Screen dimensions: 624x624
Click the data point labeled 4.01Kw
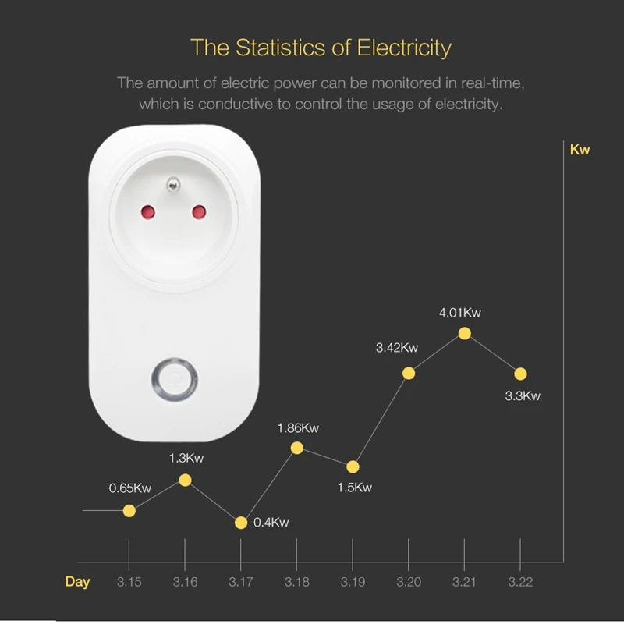click(464, 333)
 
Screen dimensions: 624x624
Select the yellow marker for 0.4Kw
click(241, 523)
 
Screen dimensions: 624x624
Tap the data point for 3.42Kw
click(408, 373)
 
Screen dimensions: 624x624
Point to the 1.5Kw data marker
click(353, 466)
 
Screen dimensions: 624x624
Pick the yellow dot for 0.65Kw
click(129, 510)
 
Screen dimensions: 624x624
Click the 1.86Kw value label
click(298, 427)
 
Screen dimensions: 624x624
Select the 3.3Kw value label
click(523, 395)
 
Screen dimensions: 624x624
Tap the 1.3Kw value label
click(186, 458)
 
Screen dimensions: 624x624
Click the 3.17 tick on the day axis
click(240, 582)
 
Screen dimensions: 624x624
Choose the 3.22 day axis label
click(520, 582)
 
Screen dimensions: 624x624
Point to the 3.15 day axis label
click(129, 582)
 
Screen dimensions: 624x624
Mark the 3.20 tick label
click(409, 582)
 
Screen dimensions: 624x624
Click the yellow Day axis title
click(77, 582)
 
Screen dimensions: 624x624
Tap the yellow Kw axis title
click(580, 150)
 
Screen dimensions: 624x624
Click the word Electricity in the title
click(404, 48)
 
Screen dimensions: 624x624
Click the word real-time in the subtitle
click(497, 83)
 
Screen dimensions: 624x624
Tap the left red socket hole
click(146, 211)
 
